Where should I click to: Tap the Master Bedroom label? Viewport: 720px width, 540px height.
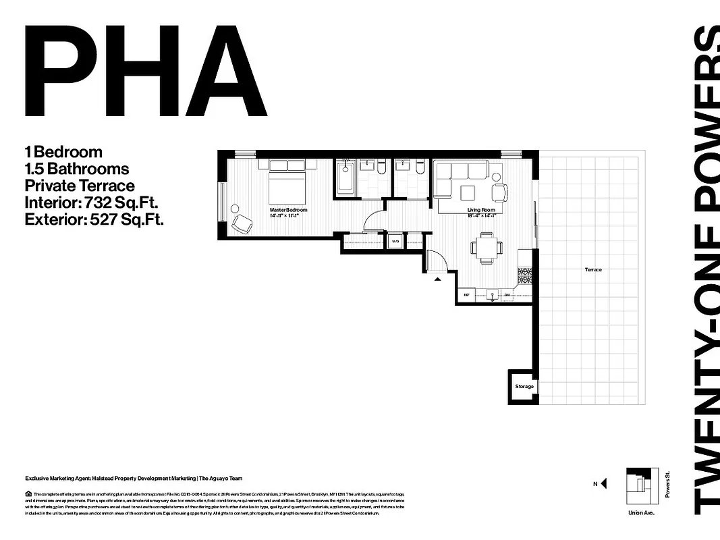[288, 210]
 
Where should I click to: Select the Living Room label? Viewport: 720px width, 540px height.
[481, 210]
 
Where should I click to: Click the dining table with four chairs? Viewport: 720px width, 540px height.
[486, 246]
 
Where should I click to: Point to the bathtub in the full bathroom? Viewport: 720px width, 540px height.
[345, 179]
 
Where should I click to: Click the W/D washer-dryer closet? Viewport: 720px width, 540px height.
[394, 240]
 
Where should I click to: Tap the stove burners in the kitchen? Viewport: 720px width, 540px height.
[526, 275]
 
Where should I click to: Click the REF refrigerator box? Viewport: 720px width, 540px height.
[466, 295]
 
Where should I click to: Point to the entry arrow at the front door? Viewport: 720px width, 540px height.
[437, 277]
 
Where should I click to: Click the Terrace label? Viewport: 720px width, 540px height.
[593, 269]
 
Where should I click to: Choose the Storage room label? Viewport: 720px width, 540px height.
[524, 386]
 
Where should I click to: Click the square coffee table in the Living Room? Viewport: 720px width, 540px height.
[468, 192]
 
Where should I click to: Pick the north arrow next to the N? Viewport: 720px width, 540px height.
[603, 483]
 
